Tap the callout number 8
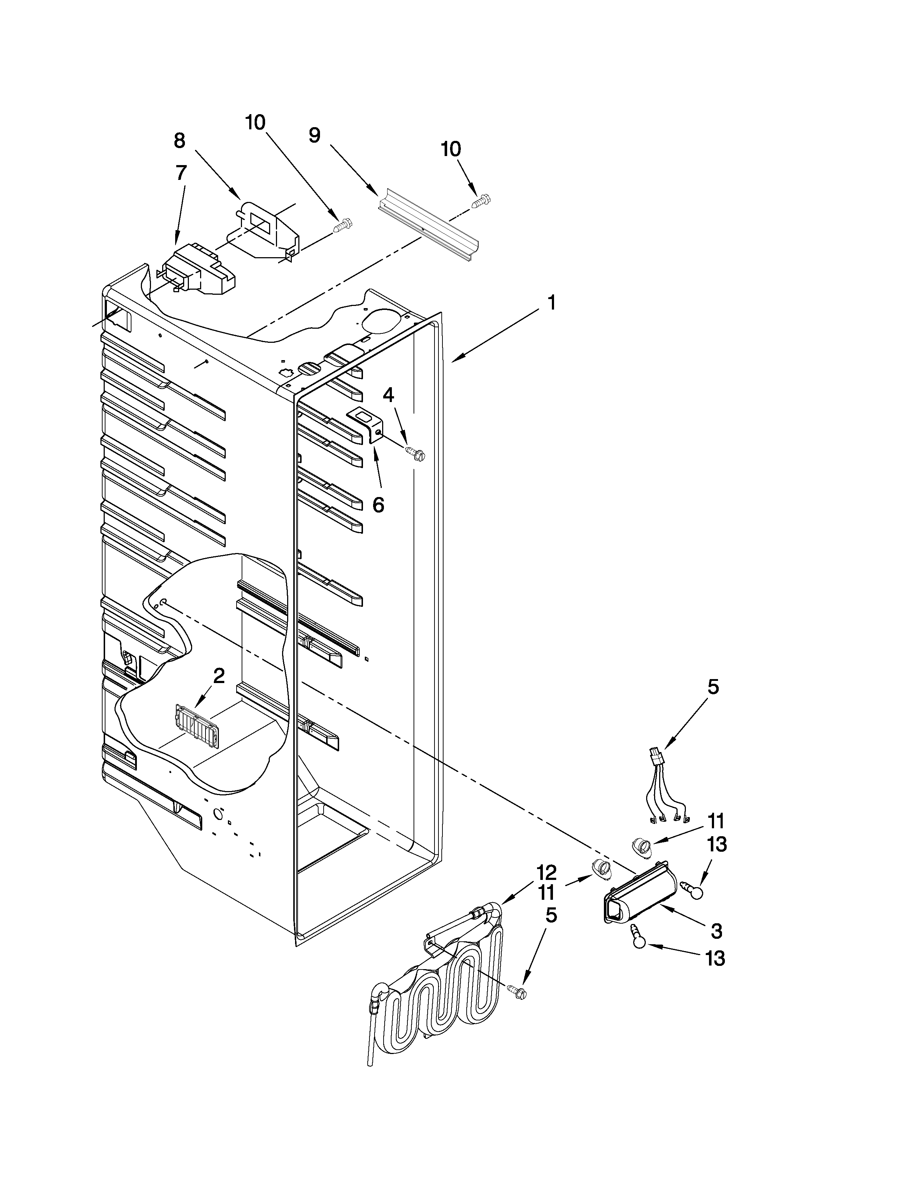pos(180,141)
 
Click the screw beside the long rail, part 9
pos(480,202)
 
